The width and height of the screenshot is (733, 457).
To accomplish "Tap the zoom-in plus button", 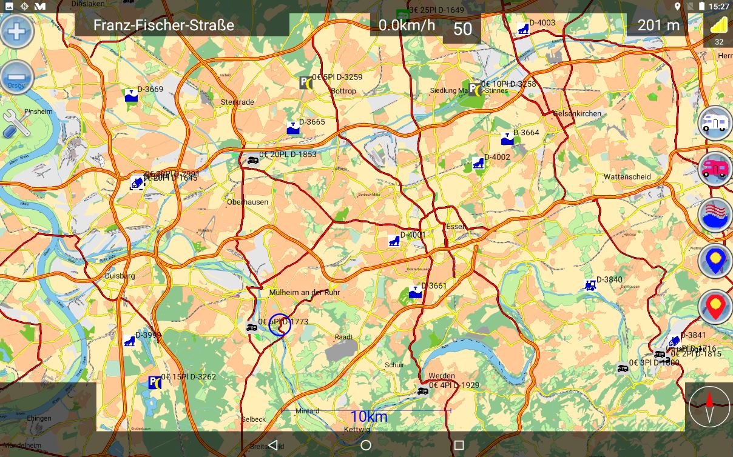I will (x=16, y=31).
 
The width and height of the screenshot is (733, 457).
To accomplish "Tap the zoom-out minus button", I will (x=16, y=78).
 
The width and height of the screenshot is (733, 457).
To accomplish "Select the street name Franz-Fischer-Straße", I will (x=163, y=25).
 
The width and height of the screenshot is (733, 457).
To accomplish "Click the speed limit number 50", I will (x=462, y=29).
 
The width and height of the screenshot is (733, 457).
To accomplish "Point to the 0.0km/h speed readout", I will (x=407, y=25).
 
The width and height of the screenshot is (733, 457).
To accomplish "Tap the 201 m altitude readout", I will (x=658, y=25).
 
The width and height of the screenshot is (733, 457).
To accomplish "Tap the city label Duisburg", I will (x=120, y=276).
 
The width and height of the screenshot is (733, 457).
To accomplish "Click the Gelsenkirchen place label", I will (x=577, y=114).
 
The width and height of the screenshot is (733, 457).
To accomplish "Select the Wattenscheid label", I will (x=627, y=177).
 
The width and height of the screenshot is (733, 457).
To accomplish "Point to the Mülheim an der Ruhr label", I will (x=304, y=292).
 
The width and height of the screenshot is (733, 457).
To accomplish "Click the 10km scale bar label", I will (x=368, y=416).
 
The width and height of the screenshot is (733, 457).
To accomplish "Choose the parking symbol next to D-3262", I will (x=155, y=382).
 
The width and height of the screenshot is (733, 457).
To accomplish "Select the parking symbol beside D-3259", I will (x=306, y=82).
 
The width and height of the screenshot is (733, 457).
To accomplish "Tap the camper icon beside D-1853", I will (x=252, y=160).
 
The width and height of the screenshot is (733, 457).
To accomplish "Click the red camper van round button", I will (x=715, y=168).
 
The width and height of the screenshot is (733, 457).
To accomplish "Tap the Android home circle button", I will (x=366, y=445).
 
